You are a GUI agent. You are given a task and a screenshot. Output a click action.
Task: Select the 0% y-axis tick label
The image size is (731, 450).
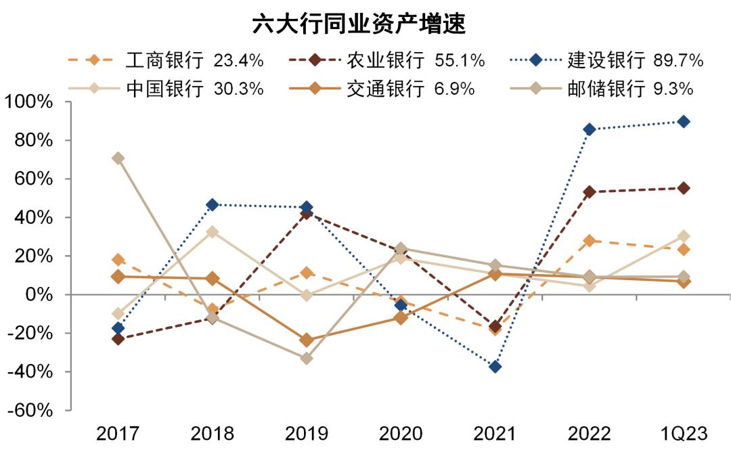[x=39, y=295]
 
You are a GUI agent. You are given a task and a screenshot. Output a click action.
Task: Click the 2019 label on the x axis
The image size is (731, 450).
[x=307, y=433]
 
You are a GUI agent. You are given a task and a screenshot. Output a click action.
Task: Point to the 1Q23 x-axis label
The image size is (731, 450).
[x=683, y=433]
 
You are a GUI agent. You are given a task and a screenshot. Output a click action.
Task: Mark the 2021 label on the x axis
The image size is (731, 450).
[x=495, y=433]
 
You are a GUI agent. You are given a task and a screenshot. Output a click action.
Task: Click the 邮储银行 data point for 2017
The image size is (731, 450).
[x=118, y=158]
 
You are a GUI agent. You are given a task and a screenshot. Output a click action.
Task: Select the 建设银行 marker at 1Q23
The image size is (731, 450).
[x=684, y=122]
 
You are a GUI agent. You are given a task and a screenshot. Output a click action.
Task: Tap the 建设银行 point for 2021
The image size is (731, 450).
[x=495, y=367]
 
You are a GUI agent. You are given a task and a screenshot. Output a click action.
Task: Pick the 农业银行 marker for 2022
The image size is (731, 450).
[x=589, y=192]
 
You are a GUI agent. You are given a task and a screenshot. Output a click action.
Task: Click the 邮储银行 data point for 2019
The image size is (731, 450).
[x=307, y=359]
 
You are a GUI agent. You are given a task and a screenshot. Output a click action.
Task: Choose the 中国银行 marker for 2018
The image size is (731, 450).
[x=212, y=231]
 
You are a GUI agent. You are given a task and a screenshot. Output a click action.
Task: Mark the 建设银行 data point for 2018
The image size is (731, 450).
[x=212, y=204]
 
